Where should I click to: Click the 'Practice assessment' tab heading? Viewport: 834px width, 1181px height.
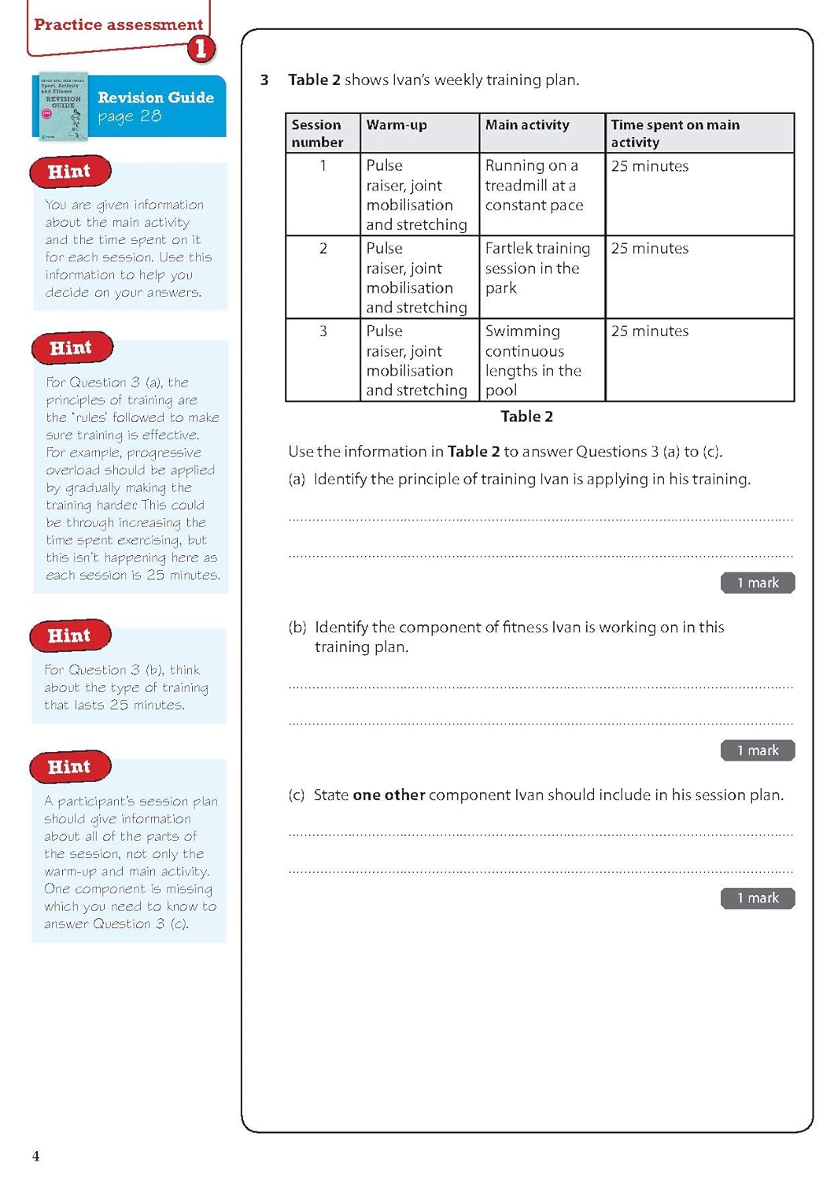(118, 24)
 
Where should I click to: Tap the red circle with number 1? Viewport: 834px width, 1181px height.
(201, 49)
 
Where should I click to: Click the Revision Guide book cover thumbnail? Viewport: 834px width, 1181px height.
(63, 106)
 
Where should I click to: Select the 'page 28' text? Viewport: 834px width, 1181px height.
(130, 117)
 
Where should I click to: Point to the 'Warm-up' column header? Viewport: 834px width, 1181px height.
(397, 124)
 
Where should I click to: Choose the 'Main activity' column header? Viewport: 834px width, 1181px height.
(526, 124)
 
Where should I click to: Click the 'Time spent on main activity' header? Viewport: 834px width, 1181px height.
(674, 133)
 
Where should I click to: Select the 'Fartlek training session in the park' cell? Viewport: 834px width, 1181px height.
(537, 268)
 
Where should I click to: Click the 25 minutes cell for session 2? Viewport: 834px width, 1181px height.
(650, 248)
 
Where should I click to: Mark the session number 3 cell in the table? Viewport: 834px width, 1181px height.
(323, 331)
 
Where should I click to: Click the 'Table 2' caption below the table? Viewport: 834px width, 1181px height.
(526, 416)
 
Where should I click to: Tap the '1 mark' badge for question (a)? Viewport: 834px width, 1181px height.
(757, 583)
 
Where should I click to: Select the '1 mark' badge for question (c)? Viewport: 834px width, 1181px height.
(757, 898)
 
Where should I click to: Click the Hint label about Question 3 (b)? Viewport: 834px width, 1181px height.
(69, 635)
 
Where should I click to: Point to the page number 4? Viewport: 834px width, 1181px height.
(35, 1156)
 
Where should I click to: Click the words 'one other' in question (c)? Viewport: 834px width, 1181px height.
(389, 795)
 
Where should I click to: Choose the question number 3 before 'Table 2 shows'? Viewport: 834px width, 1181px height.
(264, 80)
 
